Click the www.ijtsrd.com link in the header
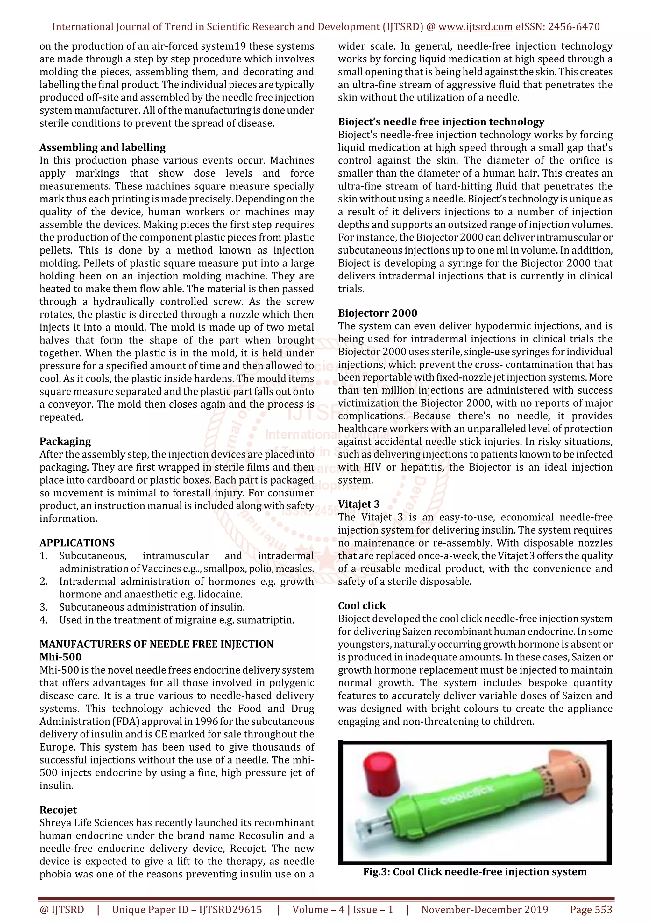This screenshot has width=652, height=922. coord(475,27)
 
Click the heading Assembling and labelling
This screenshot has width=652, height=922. coord(103,147)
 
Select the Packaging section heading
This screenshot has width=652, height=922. coord(65,441)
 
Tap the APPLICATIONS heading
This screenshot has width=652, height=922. coord(77,543)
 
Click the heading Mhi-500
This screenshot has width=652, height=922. coord(60,657)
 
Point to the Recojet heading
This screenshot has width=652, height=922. coord(58,810)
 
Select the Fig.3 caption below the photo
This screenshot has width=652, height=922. coord(475,872)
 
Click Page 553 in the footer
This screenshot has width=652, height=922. coord(591,910)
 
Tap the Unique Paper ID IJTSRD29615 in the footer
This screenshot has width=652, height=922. coord(187,910)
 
